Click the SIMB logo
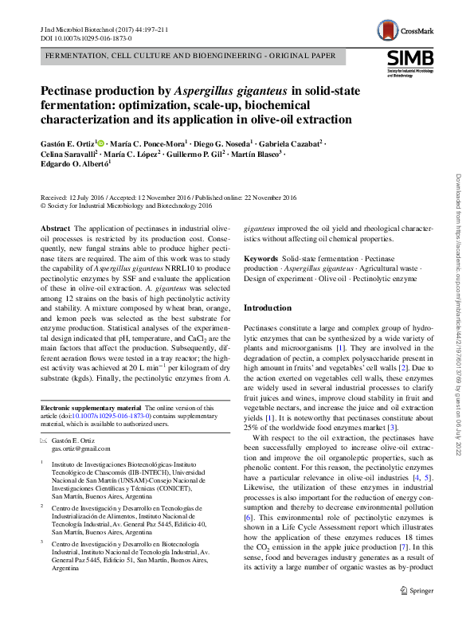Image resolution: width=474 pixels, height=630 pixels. (x=409, y=61)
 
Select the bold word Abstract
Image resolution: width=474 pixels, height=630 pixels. (x=56, y=228)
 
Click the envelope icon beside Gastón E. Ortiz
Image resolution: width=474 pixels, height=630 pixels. (x=44, y=440)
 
